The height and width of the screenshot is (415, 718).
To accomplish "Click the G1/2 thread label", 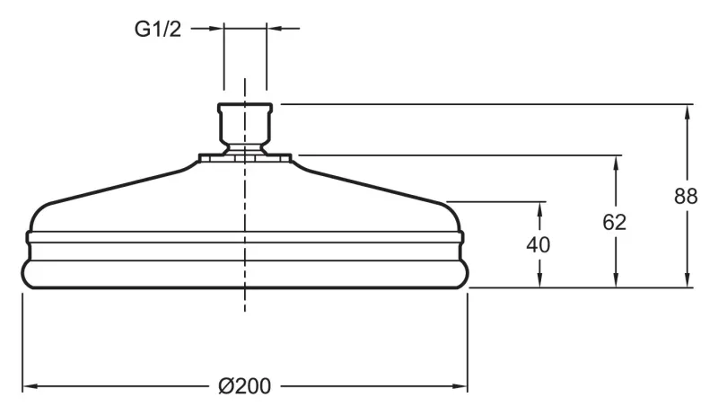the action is (158, 30).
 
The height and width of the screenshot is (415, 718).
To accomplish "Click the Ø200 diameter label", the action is (244, 386).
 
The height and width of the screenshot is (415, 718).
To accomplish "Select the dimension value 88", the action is (686, 196).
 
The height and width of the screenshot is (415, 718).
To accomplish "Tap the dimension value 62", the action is (614, 222).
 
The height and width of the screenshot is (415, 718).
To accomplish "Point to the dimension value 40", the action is (538, 244).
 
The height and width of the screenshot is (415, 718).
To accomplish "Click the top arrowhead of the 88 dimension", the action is (687, 112).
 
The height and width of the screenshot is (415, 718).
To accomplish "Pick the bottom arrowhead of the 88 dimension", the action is (687, 279).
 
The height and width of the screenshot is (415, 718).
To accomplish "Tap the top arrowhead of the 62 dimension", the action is (616, 164).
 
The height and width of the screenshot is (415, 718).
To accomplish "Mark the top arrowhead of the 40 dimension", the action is (540, 210).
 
